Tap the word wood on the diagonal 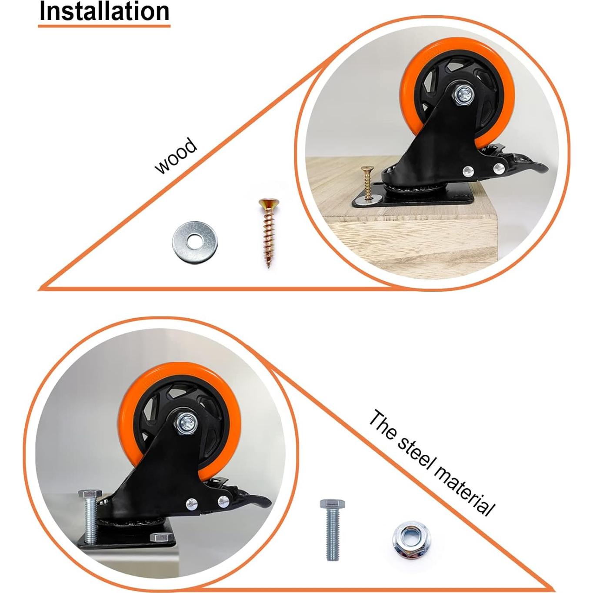coord(176,156)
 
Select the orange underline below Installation coord(104,26)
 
